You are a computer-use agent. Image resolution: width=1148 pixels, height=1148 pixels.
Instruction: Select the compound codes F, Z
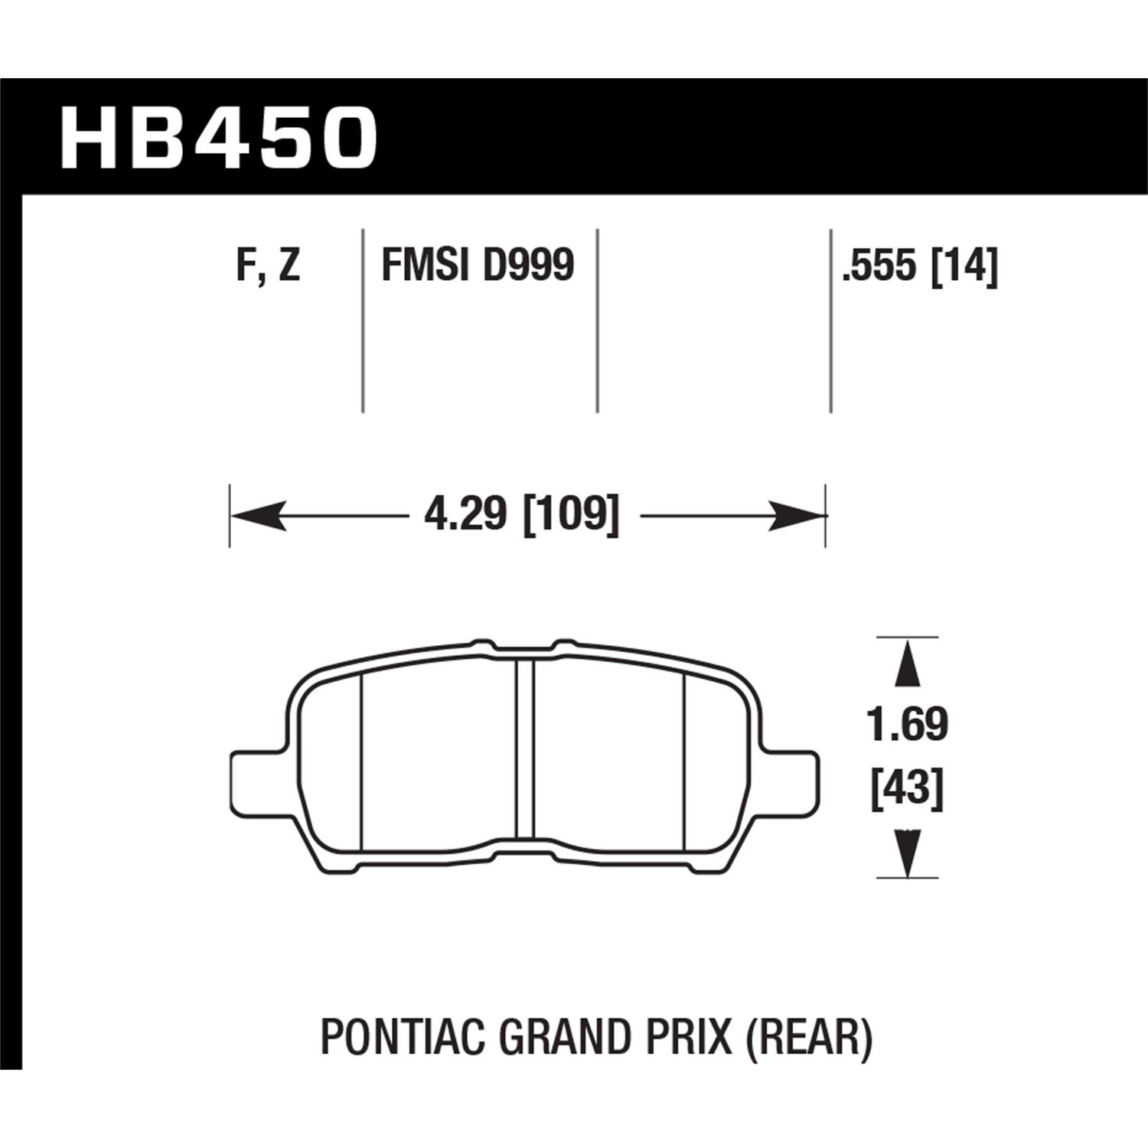click(268, 266)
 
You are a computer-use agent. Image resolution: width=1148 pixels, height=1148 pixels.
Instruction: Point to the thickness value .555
click(879, 267)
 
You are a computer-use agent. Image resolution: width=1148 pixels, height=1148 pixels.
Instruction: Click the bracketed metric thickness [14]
click(964, 267)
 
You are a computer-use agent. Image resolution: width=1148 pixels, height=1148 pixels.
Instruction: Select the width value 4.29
click(465, 515)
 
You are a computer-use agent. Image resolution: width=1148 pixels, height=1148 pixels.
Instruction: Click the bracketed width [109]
click(570, 515)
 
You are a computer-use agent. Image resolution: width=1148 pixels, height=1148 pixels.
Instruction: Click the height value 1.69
click(907, 724)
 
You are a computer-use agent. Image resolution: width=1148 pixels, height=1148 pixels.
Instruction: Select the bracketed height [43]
click(907, 789)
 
